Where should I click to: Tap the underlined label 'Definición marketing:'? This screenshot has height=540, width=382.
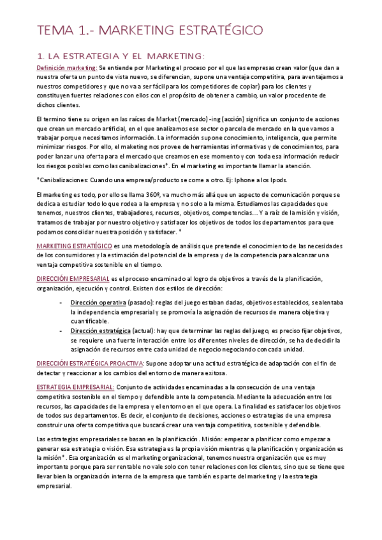pyautogui.click(x=67, y=67)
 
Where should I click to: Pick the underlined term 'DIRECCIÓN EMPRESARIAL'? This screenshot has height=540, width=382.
pyautogui.click(x=73, y=278)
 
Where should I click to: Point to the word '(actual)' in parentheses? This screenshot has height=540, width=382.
pyautogui.click(x=144, y=332)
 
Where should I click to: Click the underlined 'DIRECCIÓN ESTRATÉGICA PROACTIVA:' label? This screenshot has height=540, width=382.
pyautogui.click(x=90, y=362)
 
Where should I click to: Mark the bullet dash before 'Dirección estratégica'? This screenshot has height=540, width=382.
pyautogui.click(x=60, y=332)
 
